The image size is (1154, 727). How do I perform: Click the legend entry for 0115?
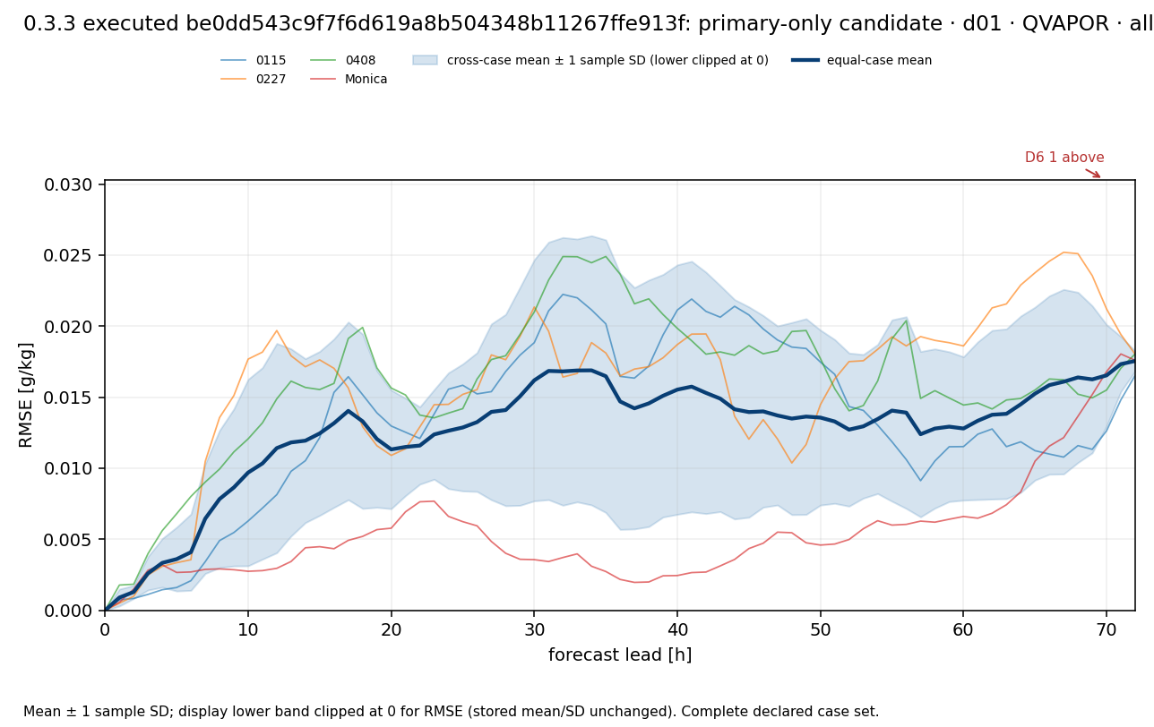[253, 60]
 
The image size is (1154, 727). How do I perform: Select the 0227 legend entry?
[253, 79]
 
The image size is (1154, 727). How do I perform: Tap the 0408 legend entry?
[342, 60]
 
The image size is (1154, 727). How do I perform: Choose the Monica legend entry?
[349, 79]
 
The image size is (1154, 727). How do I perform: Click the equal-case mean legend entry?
[861, 60]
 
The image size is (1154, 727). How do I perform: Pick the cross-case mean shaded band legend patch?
[425, 60]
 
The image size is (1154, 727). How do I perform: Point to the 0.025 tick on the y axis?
[67, 255]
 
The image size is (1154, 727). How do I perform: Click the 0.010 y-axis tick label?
[67, 468]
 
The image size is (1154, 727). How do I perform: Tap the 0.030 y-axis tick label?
[67, 184]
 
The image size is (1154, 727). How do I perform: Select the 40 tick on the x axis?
[677, 629]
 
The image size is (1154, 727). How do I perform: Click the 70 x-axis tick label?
[1107, 629]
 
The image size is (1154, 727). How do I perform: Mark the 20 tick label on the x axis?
[391, 629]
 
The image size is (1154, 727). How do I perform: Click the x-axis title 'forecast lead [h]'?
[620, 654]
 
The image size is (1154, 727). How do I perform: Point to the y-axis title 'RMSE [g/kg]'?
[25, 395]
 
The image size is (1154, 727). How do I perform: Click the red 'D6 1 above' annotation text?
[1064, 157]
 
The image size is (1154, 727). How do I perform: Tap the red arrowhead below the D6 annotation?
[1098, 175]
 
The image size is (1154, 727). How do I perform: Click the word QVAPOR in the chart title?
[1065, 23]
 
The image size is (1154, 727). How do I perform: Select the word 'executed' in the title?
[131, 23]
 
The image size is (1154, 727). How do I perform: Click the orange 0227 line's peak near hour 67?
[1064, 252]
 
